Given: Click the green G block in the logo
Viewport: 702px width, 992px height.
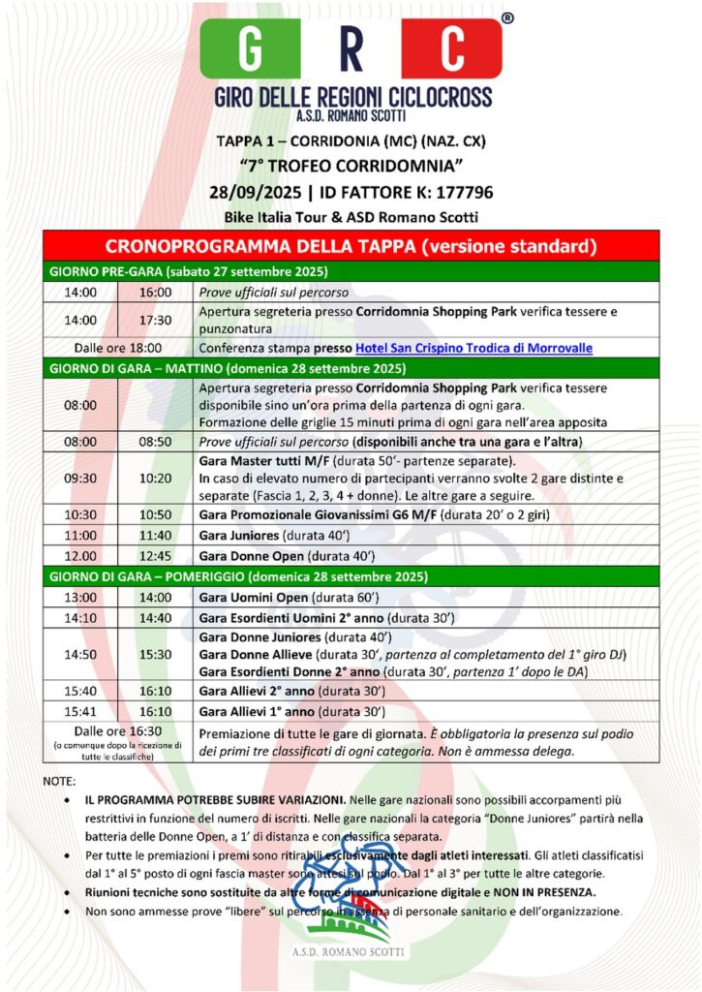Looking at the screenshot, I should point(250,49).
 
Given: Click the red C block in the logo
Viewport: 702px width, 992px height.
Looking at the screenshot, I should point(450,49).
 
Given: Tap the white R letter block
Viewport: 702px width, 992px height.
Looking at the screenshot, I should point(350,49).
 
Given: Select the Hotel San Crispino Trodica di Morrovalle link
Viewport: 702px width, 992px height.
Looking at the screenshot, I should point(474,348).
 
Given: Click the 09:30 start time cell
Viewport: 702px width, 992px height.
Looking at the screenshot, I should point(80,478).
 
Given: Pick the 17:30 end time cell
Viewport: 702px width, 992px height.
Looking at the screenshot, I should point(155,320).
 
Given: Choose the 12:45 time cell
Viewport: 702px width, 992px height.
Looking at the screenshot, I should point(155,556).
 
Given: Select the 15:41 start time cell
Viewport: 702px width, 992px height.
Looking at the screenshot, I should point(80,710).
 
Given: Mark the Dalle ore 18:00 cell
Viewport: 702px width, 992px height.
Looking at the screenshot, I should point(118,348).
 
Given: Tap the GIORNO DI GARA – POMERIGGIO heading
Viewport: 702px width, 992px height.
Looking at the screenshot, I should point(238,576).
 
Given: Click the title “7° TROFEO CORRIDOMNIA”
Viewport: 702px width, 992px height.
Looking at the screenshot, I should point(351,167).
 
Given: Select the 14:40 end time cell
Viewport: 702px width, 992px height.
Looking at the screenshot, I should point(155,617).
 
